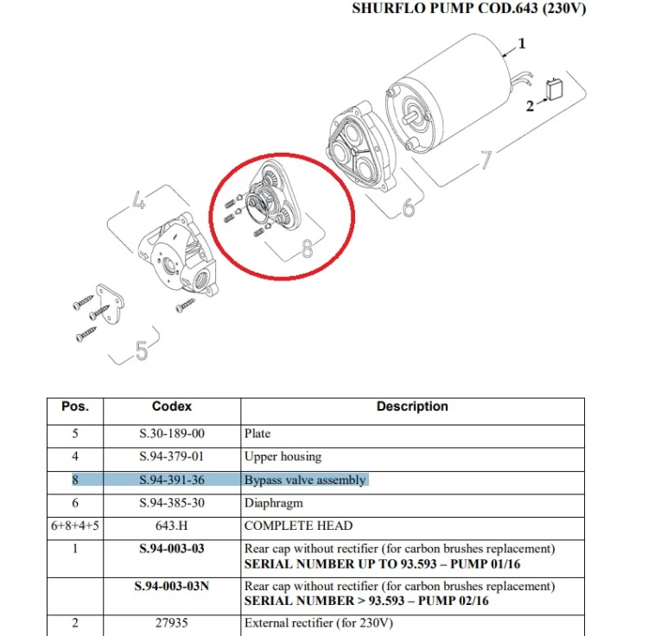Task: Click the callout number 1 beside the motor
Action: [522, 43]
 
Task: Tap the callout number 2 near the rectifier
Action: [530, 106]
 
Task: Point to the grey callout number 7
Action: [486, 160]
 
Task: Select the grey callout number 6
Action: [409, 207]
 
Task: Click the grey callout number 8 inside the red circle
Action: [307, 249]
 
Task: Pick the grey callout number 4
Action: [139, 200]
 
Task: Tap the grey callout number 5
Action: [142, 351]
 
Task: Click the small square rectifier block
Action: [554, 90]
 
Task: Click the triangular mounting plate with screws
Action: [110, 304]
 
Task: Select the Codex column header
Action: [172, 406]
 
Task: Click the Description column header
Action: [412, 406]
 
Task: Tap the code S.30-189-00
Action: [172, 433]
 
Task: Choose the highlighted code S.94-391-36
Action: [172, 480]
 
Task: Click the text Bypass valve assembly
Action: [305, 480]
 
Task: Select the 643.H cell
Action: [172, 526]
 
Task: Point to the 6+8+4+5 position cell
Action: [75, 526]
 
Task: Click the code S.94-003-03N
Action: [172, 586]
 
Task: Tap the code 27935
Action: [172, 623]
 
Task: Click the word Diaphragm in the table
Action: [274, 503]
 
